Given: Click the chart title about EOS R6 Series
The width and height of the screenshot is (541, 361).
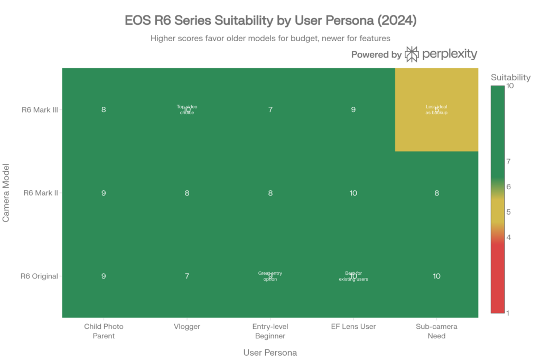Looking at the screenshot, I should point(270,21).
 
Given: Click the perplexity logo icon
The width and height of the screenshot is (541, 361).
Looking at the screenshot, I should point(412,54).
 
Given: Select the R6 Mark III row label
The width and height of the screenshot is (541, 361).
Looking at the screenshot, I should point(40,110).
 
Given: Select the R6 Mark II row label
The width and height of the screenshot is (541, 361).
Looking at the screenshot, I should point(41,193).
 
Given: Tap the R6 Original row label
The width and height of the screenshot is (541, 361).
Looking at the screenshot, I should point(39,276).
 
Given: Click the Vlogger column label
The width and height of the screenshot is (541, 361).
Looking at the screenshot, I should point(187,327).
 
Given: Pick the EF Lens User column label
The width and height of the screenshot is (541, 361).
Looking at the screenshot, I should point(353,327).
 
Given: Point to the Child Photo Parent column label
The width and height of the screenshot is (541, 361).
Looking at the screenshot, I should point(104,331).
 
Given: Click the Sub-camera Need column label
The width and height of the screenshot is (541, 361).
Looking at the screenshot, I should point(436,331).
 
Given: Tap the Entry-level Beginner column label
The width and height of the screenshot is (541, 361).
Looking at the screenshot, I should point(270,331).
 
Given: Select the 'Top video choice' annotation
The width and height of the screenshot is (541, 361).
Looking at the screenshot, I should point(187,109).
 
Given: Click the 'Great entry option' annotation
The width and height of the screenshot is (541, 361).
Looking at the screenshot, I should point(270,276).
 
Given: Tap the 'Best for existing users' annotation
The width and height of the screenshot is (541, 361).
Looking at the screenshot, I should point(353,276).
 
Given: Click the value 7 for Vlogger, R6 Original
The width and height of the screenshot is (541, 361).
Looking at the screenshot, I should point(187,276).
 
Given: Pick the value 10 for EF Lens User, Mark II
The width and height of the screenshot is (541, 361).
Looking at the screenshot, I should point(353,193).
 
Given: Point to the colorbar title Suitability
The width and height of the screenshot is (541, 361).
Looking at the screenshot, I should point(510,78).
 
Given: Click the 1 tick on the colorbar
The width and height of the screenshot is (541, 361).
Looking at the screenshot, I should point(508,313).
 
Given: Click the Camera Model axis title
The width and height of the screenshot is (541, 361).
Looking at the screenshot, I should point(7,193).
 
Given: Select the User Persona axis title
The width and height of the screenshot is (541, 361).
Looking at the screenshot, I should point(270,352).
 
